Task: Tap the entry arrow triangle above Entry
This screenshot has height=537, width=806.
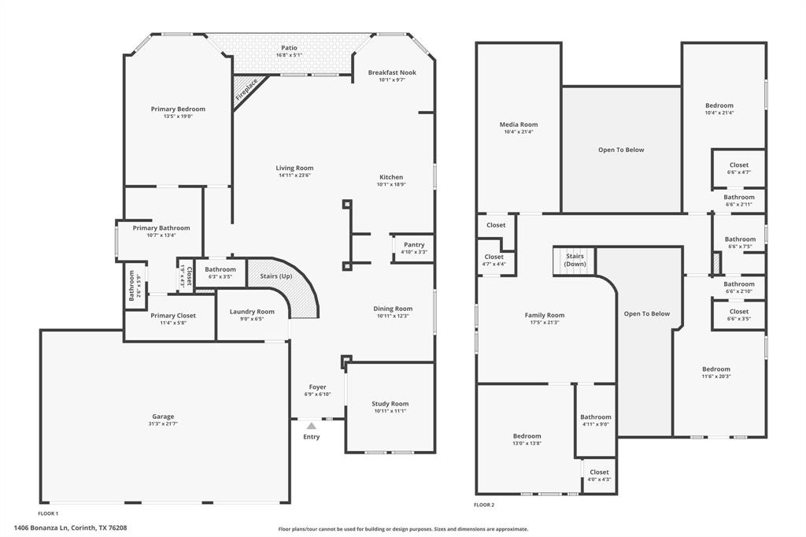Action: (312, 426)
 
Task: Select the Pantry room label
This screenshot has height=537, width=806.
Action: (414, 244)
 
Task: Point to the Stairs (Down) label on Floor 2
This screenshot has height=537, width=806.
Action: (575, 260)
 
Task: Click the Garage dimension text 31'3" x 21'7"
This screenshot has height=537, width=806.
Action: (163, 424)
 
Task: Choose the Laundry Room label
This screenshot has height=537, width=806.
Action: (252, 312)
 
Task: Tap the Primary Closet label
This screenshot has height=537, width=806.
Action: (173, 315)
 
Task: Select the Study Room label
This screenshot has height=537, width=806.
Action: (390, 404)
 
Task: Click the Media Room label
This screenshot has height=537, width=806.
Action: (519, 124)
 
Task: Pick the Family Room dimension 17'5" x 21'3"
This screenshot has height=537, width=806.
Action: (545, 323)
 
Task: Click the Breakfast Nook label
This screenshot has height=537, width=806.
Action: (392, 72)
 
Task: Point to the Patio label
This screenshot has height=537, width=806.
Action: (289, 48)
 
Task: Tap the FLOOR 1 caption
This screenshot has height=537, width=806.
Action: (49, 513)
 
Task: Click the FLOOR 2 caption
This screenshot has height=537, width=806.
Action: (484, 505)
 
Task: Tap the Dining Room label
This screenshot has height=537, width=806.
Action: (393, 309)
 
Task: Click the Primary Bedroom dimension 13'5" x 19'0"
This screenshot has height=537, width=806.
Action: (178, 117)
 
